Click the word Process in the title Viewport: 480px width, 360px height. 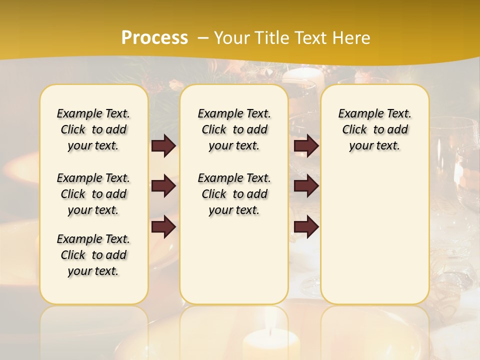click(x=154, y=38)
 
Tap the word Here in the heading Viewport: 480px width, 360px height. click(x=352, y=38)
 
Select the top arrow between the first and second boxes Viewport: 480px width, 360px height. click(x=163, y=145)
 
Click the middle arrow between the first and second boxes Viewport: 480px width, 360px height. click(x=163, y=186)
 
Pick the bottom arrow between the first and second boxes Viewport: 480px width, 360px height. click(x=163, y=227)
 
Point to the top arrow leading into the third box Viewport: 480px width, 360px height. click(x=306, y=145)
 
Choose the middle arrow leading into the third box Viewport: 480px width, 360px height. click(x=306, y=186)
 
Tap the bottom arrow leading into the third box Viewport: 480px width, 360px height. click(x=306, y=227)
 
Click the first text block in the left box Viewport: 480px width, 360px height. click(x=93, y=129)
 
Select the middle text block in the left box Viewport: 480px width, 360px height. click(x=93, y=194)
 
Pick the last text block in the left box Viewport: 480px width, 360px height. click(x=93, y=255)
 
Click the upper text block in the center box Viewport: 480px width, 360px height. click(x=234, y=129)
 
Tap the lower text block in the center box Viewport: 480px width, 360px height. click(x=234, y=194)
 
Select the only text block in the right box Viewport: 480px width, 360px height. click(x=374, y=129)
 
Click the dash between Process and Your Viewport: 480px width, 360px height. click(x=203, y=38)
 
